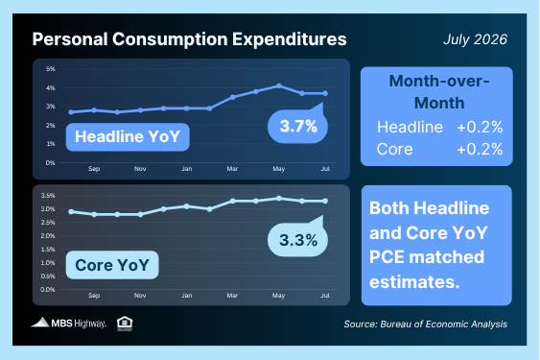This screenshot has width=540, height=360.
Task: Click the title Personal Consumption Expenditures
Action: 189,39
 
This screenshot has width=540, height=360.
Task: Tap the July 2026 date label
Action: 475,39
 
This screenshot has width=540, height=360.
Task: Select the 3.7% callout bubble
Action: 298,126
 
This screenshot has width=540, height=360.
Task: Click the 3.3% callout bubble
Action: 298,240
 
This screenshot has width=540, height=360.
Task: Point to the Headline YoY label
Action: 128,137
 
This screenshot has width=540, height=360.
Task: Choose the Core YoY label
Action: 112,265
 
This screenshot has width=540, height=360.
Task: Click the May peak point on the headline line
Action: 279,85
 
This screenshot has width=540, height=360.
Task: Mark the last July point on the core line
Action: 325,201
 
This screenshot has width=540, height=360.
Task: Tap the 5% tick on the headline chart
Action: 50,69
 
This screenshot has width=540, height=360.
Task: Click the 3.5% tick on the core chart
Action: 48,196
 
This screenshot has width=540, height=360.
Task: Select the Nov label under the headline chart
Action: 140,169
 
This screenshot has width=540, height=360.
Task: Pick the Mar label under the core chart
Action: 232,296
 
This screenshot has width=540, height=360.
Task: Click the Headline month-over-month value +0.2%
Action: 480,128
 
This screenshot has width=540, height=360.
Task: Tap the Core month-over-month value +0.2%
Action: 480,150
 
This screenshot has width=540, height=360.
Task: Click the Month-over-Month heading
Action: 439,92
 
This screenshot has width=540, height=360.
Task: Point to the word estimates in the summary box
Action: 414,282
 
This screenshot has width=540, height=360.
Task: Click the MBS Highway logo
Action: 69,323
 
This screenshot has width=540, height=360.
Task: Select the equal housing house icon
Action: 125,324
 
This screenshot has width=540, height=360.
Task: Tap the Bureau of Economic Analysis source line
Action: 425,324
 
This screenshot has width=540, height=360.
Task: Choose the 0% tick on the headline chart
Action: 50,162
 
